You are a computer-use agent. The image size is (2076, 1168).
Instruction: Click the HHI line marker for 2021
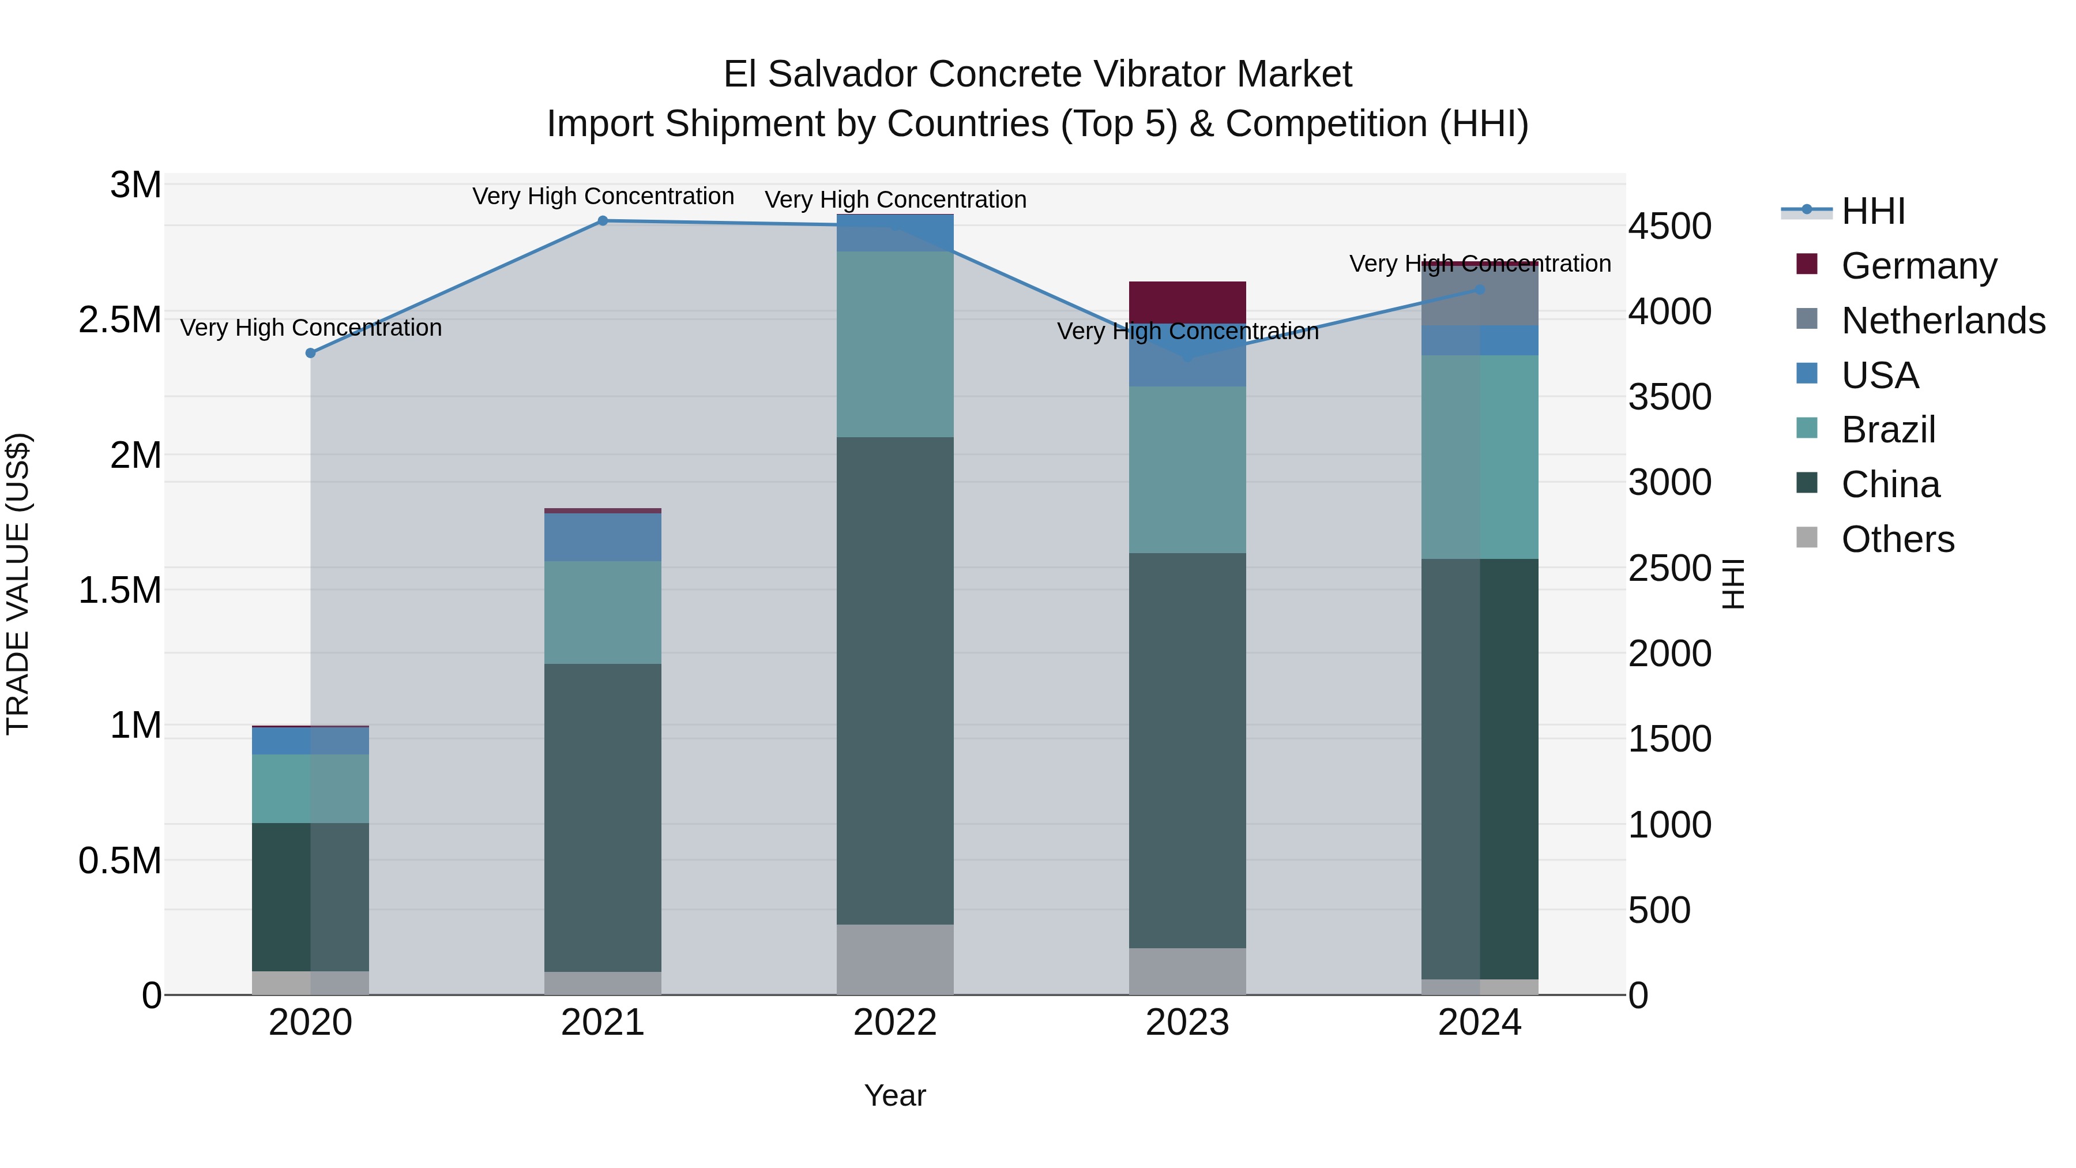tap(602, 221)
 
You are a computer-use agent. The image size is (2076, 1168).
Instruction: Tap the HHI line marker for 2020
tap(310, 353)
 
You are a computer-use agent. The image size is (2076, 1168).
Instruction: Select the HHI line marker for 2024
tap(1480, 290)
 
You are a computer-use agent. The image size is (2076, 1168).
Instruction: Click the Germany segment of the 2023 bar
tap(1187, 302)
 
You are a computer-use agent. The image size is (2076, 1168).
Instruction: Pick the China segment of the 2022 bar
tap(894, 681)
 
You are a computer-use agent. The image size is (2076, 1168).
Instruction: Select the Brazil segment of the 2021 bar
tap(602, 613)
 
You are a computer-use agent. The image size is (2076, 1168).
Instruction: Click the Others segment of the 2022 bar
tap(894, 959)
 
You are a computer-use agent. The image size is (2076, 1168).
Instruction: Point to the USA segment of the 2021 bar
tap(602, 537)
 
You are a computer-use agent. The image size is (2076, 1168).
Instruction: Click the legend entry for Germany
tap(1918, 266)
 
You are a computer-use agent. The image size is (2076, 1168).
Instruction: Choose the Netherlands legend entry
tap(1942, 321)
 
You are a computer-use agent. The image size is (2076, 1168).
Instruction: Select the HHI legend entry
tap(1873, 211)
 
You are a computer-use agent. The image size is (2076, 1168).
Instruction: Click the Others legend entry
tap(1897, 539)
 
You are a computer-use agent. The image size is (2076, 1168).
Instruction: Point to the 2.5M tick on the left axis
tap(119, 320)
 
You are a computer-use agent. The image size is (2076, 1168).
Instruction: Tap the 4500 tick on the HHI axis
tap(1669, 227)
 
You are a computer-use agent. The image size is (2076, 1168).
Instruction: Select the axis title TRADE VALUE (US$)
tap(18, 584)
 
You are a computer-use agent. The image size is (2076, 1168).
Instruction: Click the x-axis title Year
tap(894, 1095)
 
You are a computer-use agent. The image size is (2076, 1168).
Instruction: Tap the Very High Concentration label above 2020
tap(310, 328)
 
